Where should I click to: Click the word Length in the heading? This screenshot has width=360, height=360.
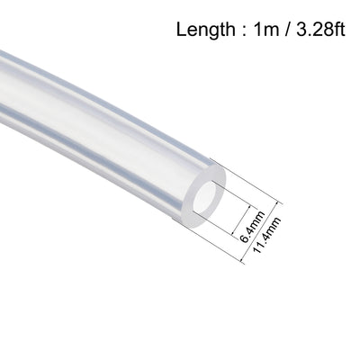(x=206, y=31)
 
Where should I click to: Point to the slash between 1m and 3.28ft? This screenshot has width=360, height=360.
(x=286, y=30)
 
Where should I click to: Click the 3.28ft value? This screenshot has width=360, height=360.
(x=320, y=29)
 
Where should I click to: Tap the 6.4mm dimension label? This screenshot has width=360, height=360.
(x=253, y=227)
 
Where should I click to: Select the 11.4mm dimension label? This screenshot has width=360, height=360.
(x=266, y=235)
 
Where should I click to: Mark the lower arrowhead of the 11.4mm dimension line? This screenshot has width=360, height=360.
(x=243, y=260)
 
